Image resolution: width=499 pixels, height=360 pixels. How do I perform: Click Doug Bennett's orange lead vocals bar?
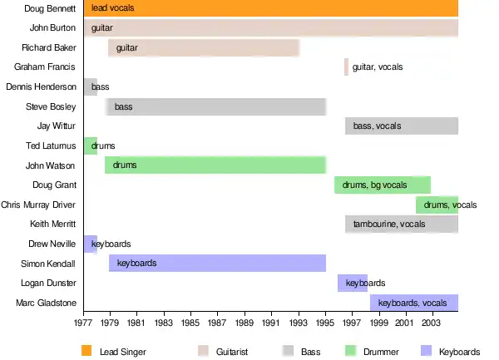[x=271, y=8]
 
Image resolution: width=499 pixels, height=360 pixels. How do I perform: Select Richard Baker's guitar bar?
[x=204, y=48]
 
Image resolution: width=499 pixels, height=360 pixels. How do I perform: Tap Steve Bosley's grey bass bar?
[x=215, y=107]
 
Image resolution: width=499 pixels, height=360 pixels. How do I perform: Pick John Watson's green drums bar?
[x=215, y=165]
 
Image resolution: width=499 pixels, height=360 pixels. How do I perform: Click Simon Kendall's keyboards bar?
[x=217, y=264]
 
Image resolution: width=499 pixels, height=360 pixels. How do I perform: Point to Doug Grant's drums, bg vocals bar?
[x=383, y=185]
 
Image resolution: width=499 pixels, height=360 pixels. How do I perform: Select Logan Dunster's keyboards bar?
[x=353, y=284]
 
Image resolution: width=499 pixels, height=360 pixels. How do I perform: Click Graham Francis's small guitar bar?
[x=346, y=67]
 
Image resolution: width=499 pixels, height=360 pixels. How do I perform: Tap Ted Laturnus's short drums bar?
[x=91, y=146]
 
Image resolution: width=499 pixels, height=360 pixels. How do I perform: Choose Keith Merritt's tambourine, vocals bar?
[x=402, y=224]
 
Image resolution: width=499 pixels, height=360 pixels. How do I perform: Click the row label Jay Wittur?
[x=57, y=126]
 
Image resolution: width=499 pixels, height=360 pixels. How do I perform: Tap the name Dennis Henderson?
[x=41, y=87]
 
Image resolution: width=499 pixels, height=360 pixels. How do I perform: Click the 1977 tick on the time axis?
[x=83, y=321]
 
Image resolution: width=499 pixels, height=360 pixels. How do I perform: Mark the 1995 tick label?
[x=325, y=321]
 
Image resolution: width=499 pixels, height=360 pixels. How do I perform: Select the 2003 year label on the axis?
[x=431, y=321]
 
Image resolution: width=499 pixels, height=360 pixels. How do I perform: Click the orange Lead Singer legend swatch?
[x=86, y=351]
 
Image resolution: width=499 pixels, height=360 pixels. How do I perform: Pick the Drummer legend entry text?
[x=381, y=352]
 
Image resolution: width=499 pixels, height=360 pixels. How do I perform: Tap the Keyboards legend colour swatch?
[x=426, y=351]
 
